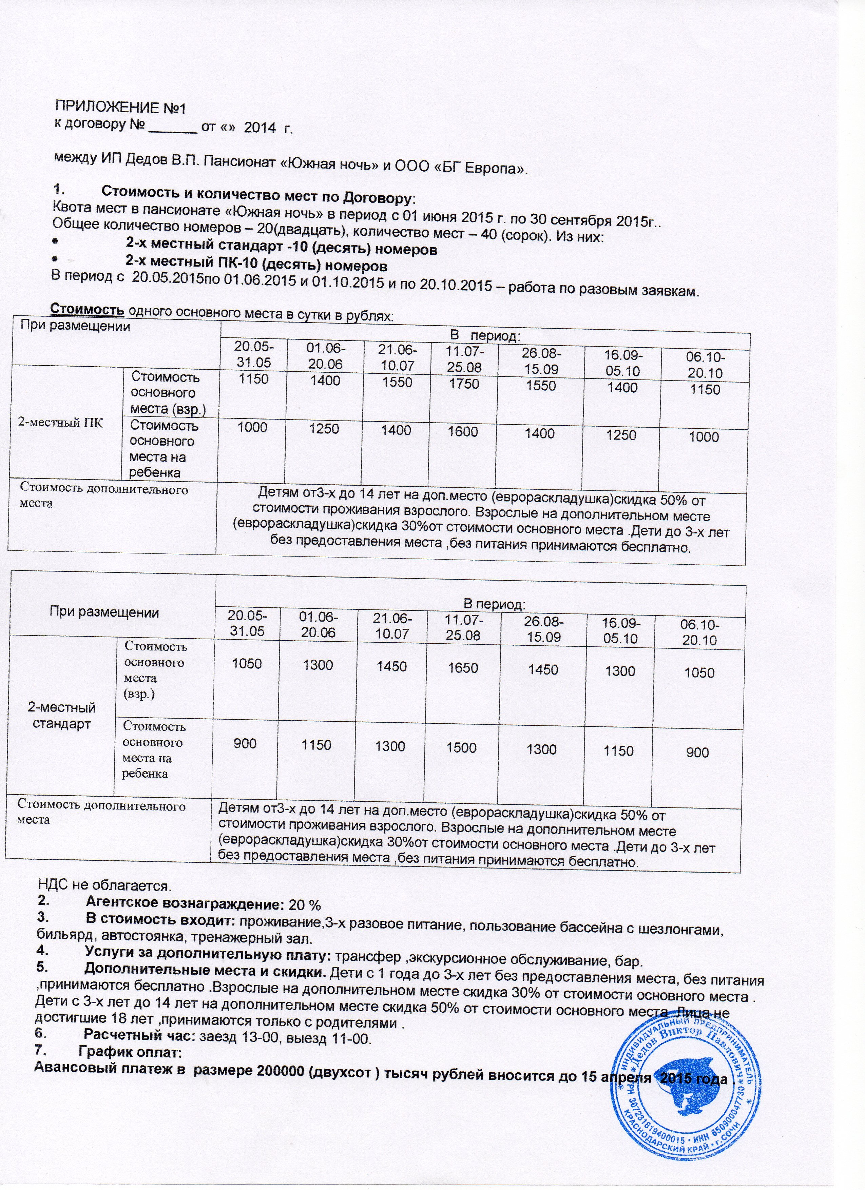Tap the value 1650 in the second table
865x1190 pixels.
462,667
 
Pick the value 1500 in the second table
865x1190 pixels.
461,747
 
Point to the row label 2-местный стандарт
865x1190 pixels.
62,716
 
